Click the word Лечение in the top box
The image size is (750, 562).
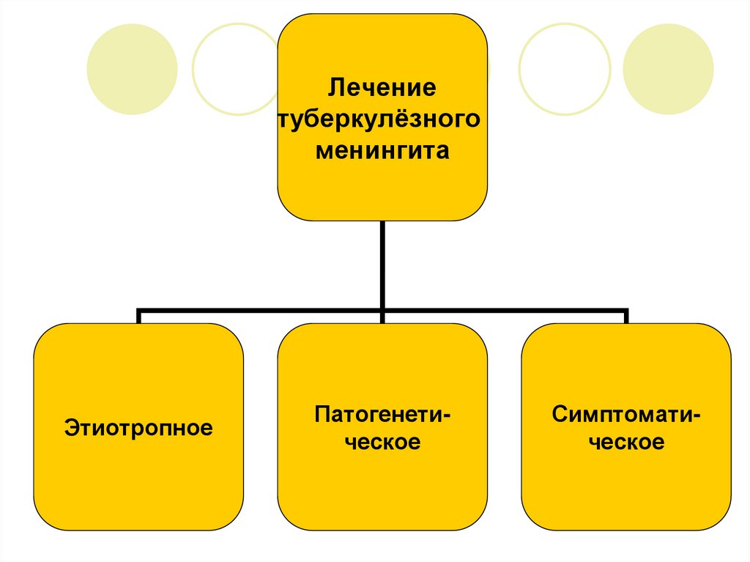[382, 89]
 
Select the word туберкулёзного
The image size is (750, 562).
[382, 120]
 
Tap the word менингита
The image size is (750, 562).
[382, 152]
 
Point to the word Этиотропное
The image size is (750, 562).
[138, 427]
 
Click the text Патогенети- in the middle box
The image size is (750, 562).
[382, 413]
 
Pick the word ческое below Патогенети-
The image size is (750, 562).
[382, 443]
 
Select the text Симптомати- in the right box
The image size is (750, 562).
[627, 413]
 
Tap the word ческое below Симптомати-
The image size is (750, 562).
[627, 443]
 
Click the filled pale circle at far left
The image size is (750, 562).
[132, 69]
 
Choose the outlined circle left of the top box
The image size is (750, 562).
[237, 69]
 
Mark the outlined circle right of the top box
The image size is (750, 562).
[564, 69]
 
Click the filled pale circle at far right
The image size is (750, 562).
[667, 69]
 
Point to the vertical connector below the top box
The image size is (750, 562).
[382, 264]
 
